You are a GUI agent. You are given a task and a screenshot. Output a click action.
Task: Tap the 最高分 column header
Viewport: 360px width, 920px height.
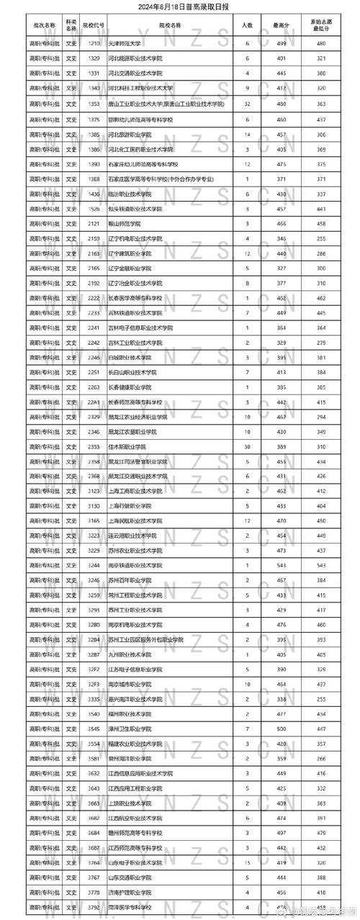(x=281, y=25)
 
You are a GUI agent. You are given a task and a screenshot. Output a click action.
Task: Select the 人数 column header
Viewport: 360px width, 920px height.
(x=247, y=25)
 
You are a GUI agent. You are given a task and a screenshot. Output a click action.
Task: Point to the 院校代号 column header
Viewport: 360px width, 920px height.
(x=94, y=25)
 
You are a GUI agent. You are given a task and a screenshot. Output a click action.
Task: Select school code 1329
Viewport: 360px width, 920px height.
(x=94, y=58)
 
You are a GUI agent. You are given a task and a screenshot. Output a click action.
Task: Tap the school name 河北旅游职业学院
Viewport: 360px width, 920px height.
(x=130, y=135)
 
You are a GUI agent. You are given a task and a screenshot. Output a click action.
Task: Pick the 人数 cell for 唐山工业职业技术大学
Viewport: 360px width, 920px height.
(x=247, y=104)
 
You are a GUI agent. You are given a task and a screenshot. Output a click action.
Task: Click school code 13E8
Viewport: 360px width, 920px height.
(x=94, y=179)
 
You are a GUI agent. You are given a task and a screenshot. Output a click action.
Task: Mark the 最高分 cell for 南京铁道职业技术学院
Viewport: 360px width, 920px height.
(x=281, y=564)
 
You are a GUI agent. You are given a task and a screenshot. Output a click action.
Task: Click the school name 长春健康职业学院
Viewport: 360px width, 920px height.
(x=130, y=387)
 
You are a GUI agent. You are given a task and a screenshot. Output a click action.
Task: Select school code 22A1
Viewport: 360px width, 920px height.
(x=94, y=402)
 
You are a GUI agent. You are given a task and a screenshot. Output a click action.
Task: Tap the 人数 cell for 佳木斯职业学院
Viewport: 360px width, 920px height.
(x=247, y=446)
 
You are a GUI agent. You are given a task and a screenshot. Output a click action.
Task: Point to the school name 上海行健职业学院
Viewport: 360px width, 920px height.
(x=130, y=505)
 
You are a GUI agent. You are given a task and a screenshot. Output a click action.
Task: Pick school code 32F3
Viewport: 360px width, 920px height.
(x=94, y=683)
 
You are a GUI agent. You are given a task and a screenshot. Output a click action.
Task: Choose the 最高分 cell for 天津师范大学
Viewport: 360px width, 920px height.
(x=281, y=44)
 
